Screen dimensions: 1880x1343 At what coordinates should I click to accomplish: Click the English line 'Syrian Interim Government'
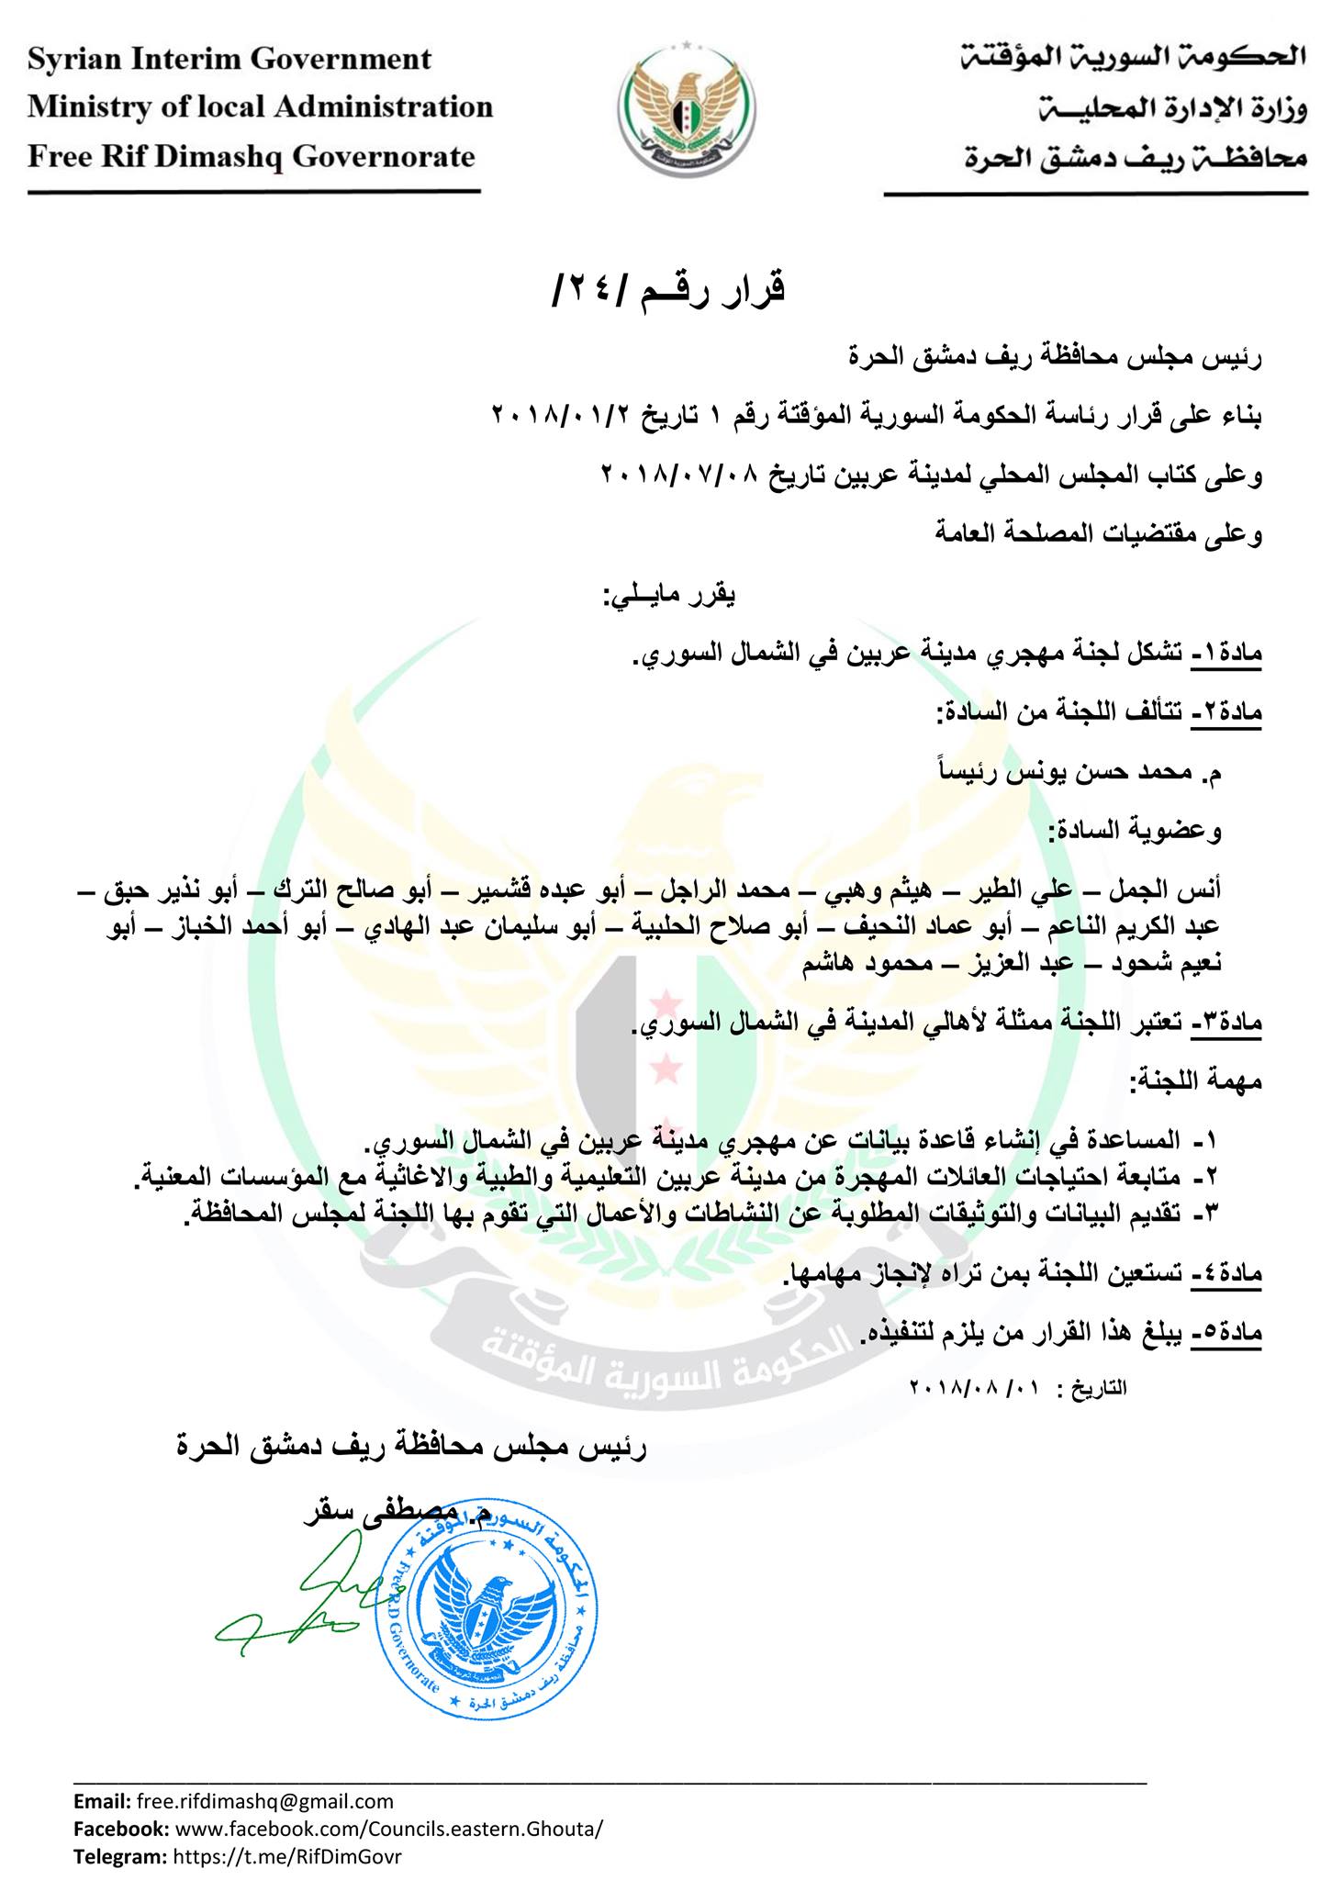pyautogui.click(x=229, y=60)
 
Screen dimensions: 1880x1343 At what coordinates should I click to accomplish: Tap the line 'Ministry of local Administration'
pyautogui.click(x=261, y=107)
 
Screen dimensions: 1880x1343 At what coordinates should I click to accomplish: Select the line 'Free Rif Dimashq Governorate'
pyautogui.click(x=252, y=157)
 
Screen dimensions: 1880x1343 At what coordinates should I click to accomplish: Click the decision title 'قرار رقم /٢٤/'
pyautogui.click(x=671, y=291)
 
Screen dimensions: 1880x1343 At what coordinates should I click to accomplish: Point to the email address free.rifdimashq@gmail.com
pyautogui.click(x=264, y=1801)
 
